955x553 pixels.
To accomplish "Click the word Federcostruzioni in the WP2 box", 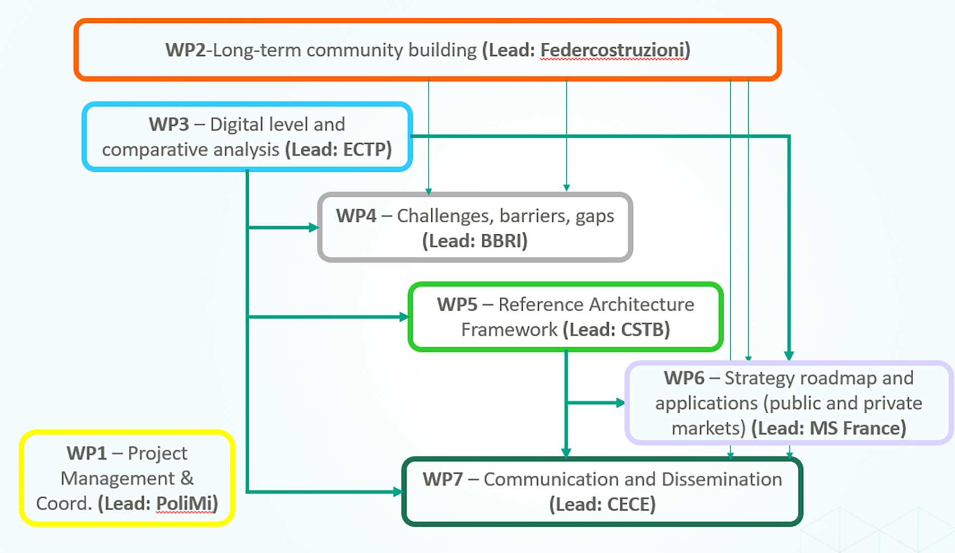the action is click(612, 50).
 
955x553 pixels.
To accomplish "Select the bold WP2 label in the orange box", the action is click(186, 50).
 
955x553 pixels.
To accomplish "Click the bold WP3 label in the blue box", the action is click(169, 124).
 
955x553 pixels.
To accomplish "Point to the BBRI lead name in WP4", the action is click(501, 241).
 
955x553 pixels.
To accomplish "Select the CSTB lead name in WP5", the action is click(642, 329).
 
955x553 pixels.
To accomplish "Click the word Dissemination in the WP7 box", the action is click(722, 479).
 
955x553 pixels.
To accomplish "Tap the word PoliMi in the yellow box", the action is click(184, 503).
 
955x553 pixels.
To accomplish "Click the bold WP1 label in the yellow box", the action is click(87, 454).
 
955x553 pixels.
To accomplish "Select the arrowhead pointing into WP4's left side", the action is click(314, 228).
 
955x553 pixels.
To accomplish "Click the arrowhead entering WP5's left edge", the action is click(404, 317).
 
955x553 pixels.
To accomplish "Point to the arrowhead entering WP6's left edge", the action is click(621, 403).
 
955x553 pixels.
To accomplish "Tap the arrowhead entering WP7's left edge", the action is click(397, 492).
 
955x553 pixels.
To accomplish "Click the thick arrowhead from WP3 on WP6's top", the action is click(789, 356).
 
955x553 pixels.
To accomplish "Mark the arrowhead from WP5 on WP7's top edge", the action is click(566, 453).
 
